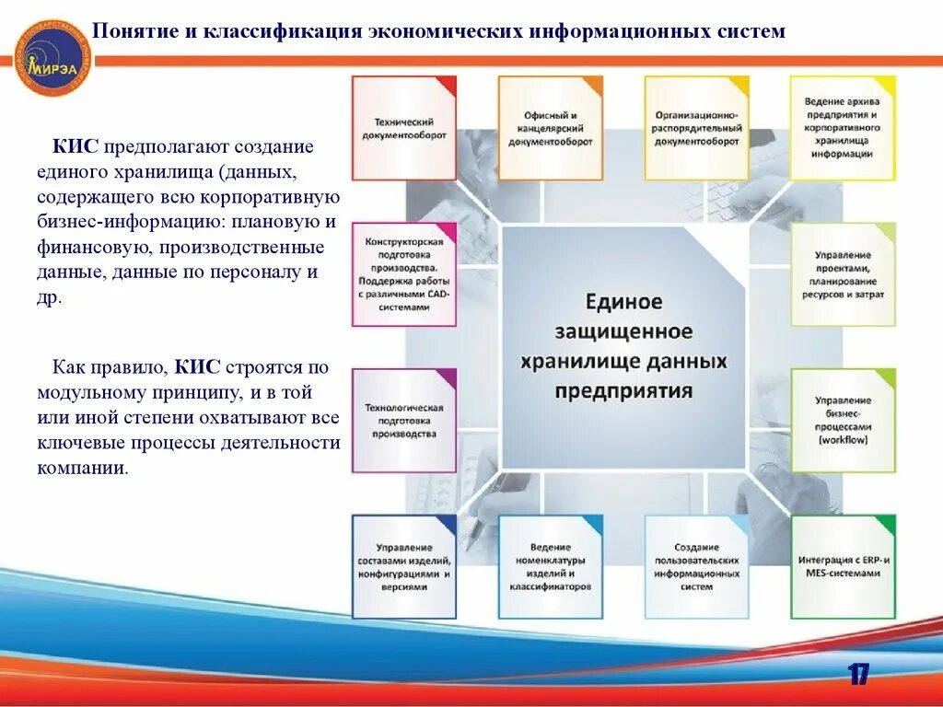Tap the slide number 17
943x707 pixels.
pyautogui.click(x=858, y=675)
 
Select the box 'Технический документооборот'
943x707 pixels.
pyautogui.click(x=404, y=128)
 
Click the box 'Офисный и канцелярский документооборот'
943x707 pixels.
pyautogui.click(x=551, y=128)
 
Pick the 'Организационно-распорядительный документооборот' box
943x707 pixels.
pyautogui.click(x=697, y=128)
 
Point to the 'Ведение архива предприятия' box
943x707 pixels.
pyautogui.click(x=843, y=128)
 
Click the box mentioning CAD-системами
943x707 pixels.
pyautogui.click(x=404, y=274)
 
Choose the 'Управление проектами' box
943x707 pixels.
pyautogui.click(x=843, y=274)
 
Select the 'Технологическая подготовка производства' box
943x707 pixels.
pyautogui.click(x=404, y=421)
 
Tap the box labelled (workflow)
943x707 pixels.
pyautogui.click(x=843, y=421)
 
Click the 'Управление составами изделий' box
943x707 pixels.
pyautogui.click(x=404, y=566)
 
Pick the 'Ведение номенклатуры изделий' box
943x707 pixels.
pyautogui.click(x=551, y=566)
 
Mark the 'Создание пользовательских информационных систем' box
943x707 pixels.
pyautogui.click(x=697, y=566)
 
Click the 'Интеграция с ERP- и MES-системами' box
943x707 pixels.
pyautogui.click(x=843, y=566)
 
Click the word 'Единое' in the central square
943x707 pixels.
pyautogui.click(x=623, y=302)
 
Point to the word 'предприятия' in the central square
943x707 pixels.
pyautogui.click(x=623, y=389)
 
